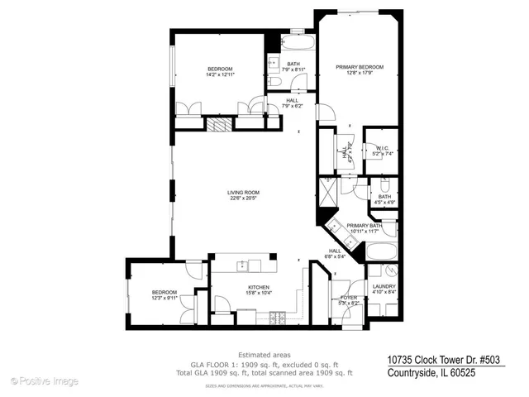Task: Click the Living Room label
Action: pos(242,194)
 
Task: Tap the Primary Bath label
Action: pos(364,225)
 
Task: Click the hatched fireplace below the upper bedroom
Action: pos(218,125)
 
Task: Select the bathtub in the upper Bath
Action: pos(293,43)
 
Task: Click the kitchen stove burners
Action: pos(277,317)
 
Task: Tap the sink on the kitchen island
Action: pos(242,265)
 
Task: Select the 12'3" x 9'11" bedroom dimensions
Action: pos(164,299)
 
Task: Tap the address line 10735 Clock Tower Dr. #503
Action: pos(445,360)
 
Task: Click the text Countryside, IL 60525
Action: pos(433,372)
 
